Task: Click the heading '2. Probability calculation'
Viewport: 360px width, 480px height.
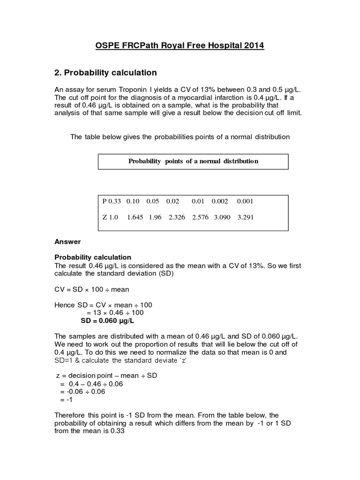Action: [106, 73]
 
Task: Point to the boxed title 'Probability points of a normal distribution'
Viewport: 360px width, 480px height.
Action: [193, 161]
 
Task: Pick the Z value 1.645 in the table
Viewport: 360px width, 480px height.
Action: [135, 217]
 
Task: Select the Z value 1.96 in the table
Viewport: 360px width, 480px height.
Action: [156, 217]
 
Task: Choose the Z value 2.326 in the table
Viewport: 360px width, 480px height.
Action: [177, 217]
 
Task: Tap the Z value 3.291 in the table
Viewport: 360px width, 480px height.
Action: [245, 217]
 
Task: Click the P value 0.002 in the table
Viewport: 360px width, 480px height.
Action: [220, 201]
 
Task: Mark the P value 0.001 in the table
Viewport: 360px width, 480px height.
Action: [245, 201]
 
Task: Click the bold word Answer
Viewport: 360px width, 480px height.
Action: [67, 241]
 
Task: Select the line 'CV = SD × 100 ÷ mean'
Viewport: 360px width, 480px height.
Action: [92, 289]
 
